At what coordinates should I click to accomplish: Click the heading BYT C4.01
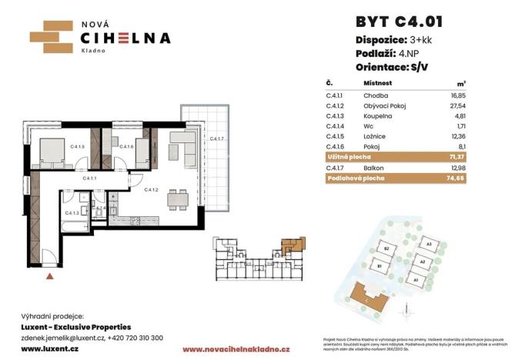pyautogui.click(x=398, y=21)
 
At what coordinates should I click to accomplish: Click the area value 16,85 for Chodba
pyautogui.click(x=459, y=93)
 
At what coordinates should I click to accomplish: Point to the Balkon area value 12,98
pyautogui.click(x=458, y=167)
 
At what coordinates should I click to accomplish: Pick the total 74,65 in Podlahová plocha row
pyautogui.click(x=457, y=178)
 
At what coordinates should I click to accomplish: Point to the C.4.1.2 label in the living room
pyautogui.click(x=151, y=188)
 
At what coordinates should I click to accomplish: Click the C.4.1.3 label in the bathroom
pyautogui.click(x=73, y=213)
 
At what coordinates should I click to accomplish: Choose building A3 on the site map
pyautogui.click(x=428, y=245)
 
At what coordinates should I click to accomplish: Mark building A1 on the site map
pyautogui.click(x=415, y=280)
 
